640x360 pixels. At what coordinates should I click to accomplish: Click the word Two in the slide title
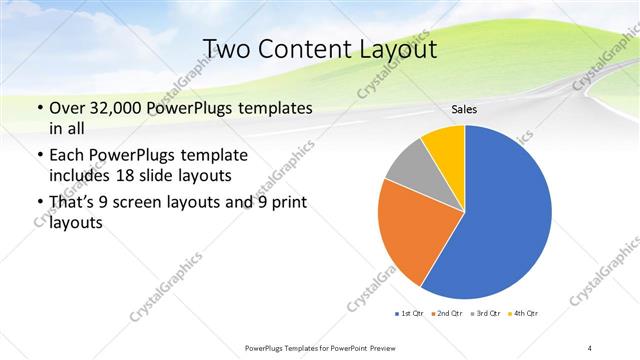click(227, 48)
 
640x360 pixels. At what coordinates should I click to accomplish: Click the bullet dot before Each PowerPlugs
click(38, 156)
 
